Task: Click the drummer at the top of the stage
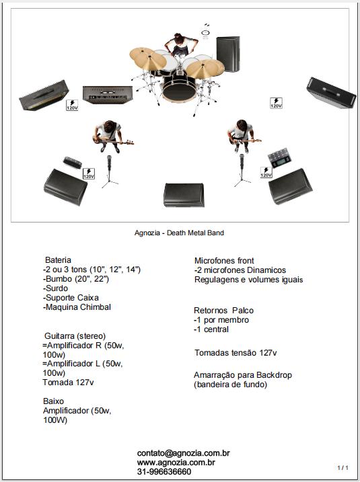tap(181, 44)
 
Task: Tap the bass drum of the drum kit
tap(179, 89)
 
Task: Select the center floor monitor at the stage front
tap(184, 195)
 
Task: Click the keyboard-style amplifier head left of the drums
tap(108, 95)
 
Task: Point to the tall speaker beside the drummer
tap(228, 54)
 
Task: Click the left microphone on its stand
tap(109, 171)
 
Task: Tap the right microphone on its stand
tap(242, 170)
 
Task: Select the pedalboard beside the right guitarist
tap(279, 158)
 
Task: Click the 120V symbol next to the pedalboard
tap(266, 173)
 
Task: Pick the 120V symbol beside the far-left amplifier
tap(72, 105)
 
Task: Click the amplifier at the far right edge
tap(331, 93)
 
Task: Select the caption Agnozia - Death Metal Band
tap(179, 233)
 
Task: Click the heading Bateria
tap(58, 259)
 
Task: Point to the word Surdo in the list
tap(57, 288)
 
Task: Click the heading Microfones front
tap(224, 261)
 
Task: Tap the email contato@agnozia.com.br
tap(184, 453)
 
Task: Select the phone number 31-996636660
tap(164, 471)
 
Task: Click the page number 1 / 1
tap(343, 468)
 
